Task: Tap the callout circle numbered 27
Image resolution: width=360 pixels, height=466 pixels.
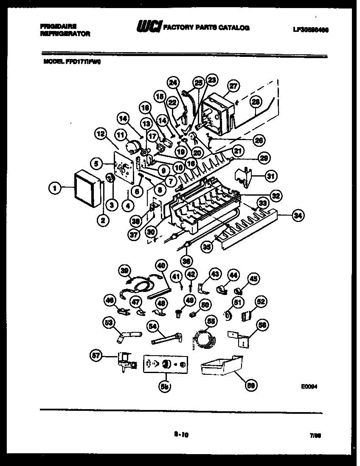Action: coord(232,85)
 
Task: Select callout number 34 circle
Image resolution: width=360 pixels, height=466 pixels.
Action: coord(298,216)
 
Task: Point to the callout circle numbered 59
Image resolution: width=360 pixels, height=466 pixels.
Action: coord(251,385)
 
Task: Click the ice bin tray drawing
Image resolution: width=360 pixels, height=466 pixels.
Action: coord(221,366)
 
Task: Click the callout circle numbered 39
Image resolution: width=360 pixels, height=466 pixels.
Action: coord(124,270)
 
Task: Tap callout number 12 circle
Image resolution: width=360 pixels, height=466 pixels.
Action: coord(100,135)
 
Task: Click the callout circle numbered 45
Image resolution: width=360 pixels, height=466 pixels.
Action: coord(253,279)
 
